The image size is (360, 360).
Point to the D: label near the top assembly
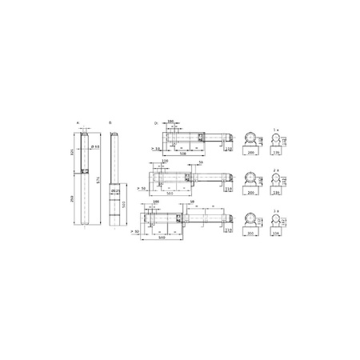click(x=155, y=124)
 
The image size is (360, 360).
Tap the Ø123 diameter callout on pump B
click(x=115, y=191)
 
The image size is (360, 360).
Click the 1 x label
click(x=277, y=128)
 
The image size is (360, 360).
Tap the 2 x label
click(x=277, y=170)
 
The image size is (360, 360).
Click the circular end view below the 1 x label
click(x=277, y=139)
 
